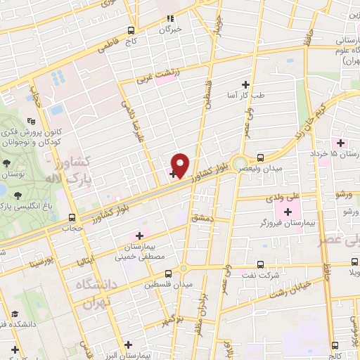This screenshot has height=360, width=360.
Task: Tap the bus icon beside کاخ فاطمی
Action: tap(131, 31)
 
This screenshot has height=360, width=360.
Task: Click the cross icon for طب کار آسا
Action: tap(245, 83)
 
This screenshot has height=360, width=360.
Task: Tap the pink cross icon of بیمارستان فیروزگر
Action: tap(287, 212)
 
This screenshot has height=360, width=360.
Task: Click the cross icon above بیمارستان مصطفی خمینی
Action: tap(139, 236)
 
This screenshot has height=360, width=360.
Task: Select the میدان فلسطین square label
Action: tap(159, 285)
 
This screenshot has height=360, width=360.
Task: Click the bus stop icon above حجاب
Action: tap(72, 217)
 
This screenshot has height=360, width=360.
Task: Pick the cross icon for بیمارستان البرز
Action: tap(129, 345)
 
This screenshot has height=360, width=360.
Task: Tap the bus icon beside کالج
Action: tap(335, 344)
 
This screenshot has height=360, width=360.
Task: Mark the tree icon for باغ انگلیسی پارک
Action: tap(17, 195)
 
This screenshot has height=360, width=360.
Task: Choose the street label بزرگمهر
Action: tap(176, 321)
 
